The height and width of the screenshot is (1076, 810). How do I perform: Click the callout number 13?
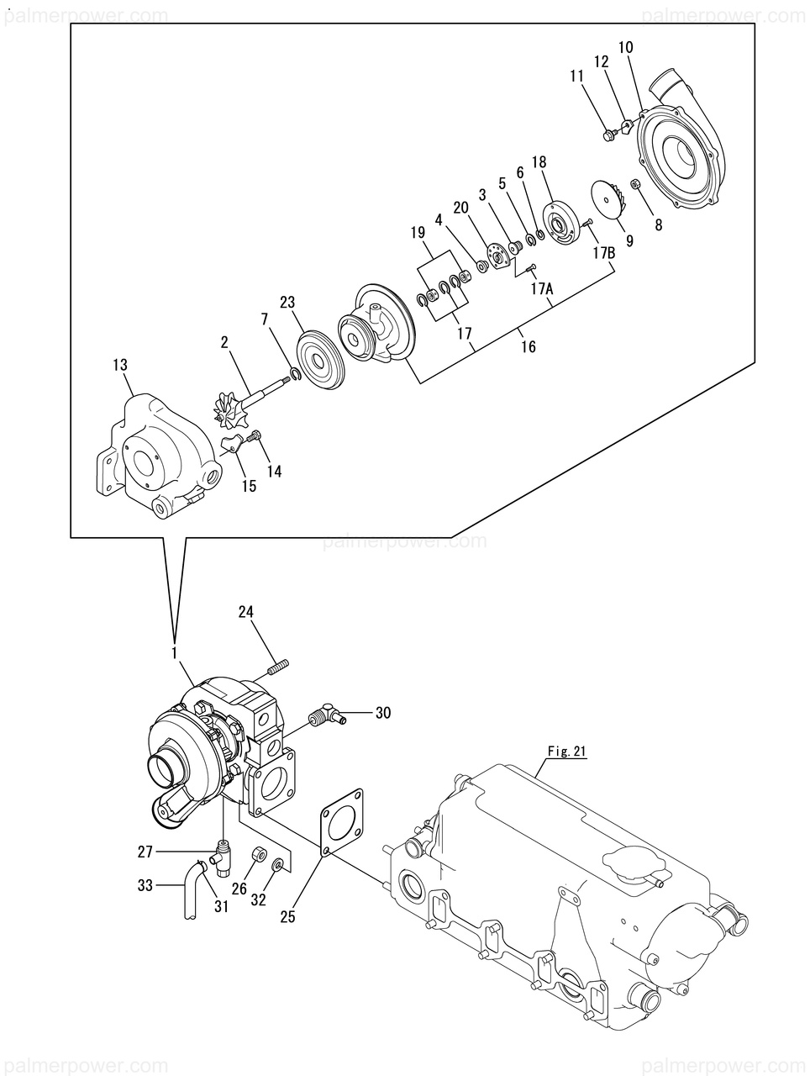[x=120, y=365]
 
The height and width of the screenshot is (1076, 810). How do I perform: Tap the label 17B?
[x=603, y=253]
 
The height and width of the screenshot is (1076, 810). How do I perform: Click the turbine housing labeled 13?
[x=157, y=456]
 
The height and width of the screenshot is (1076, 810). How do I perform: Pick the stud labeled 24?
[x=278, y=667]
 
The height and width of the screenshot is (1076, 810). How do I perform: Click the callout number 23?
[x=287, y=302]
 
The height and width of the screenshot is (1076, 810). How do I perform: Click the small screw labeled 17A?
[x=532, y=267]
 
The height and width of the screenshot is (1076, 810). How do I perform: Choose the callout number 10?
[x=626, y=47]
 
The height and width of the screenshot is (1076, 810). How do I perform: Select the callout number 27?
[x=145, y=852]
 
